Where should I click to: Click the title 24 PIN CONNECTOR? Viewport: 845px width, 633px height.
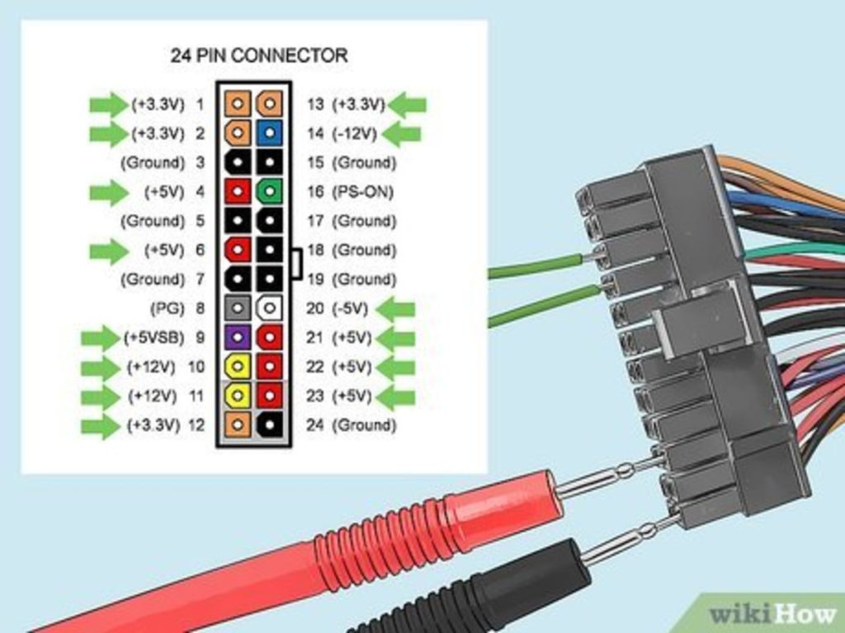click(x=258, y=55)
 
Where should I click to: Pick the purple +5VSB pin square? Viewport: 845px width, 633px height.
click(x=238, y=337)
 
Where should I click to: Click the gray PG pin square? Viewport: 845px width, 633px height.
click(x=238, y=308)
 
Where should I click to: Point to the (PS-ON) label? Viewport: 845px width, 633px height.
click(x=362, y=192)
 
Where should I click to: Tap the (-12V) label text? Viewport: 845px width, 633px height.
click(x=355, y=133)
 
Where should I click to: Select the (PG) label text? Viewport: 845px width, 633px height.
click(x=161, y=308)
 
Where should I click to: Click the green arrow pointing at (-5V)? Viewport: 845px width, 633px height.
click(x=397, y=309)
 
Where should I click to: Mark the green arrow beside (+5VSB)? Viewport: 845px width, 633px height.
click(x=101, y=337)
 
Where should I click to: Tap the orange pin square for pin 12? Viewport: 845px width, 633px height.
click(x=238, y=425)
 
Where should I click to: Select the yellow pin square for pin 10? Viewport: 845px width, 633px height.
click(x=238, y=366)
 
